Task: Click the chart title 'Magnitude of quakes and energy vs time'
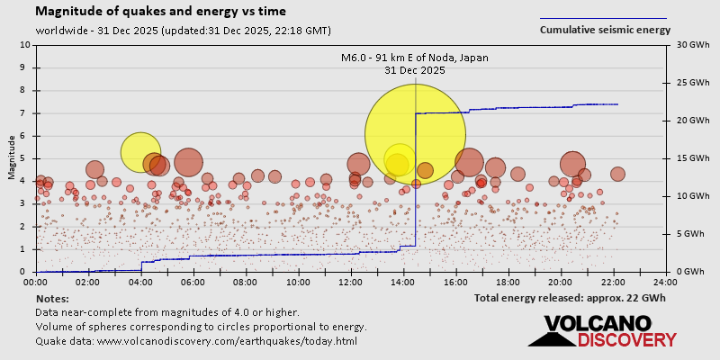click(x=161, y=12)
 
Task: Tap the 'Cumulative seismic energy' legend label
click(x=605, y=30)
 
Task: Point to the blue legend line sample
click(x=603, y=18)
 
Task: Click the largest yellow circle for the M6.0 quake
click(x=415, y=134)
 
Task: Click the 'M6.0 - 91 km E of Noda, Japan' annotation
click(x=414, y=58)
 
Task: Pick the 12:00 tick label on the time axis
click(x=352, y=281)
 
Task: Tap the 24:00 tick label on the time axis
click(x=666, y=281)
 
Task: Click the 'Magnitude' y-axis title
click(x=12, y=158)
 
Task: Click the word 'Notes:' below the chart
click(x=52, y=298)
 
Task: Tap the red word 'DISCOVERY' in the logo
click(x=626, y=339)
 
